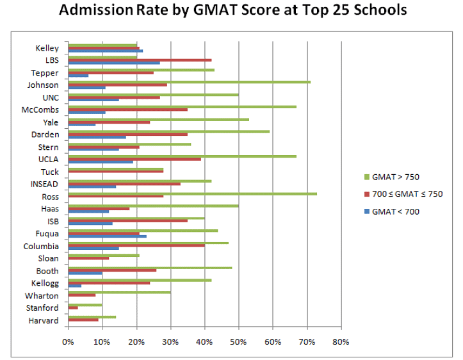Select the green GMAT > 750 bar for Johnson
coord(189,82)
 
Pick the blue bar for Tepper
coord(78,76)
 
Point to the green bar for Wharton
coord(119,292)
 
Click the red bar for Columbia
coord(136,245)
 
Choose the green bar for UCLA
coord(182,156)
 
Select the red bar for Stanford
coord(73,307)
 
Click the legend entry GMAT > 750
coord(394,177)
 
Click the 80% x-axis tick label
coord(341,341)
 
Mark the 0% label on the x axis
coord(68,341)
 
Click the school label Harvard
coord(45,320)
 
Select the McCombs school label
coord(40,110)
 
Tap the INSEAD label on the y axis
coord(43,184)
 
